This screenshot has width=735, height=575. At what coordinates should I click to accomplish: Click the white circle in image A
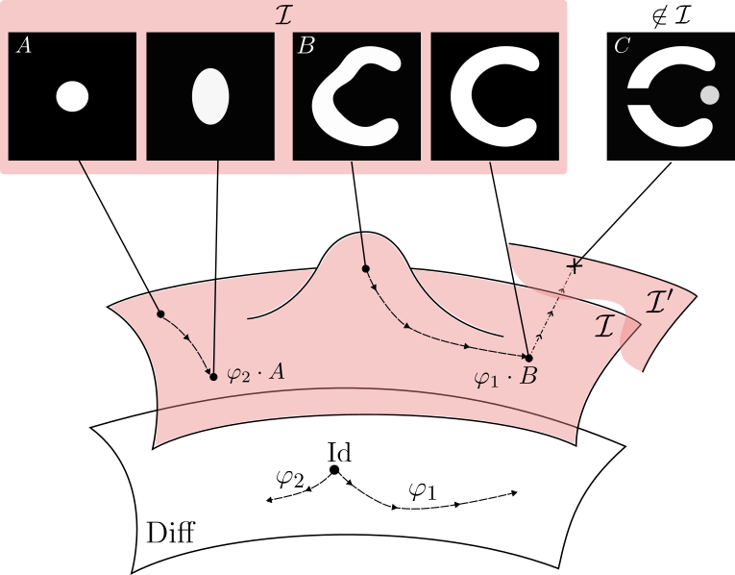pos(72,96)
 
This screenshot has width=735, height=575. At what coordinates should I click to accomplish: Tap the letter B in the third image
pos(306,46)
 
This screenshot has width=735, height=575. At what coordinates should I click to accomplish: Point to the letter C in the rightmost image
pos(621,46)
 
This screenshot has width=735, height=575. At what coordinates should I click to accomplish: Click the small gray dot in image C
pos(709,95)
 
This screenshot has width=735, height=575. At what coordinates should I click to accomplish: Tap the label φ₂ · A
pos(255,374)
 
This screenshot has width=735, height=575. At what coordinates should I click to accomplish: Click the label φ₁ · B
pos(506,377)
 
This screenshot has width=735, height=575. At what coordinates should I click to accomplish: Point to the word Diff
pos(169,533)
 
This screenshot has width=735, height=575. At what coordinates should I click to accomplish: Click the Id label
pos(339,451)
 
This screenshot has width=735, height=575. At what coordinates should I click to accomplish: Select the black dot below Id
pos(334,470)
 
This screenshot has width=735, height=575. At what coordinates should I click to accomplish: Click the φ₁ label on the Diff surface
pos(422,490)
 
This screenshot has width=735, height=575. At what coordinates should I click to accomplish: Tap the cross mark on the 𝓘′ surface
pos(576,263)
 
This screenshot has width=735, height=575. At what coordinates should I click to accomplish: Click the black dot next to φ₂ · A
pos(213,376)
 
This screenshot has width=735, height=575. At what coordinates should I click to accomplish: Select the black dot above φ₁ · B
pos(528,358)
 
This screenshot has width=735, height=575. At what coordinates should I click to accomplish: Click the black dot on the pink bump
pos(365,268)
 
